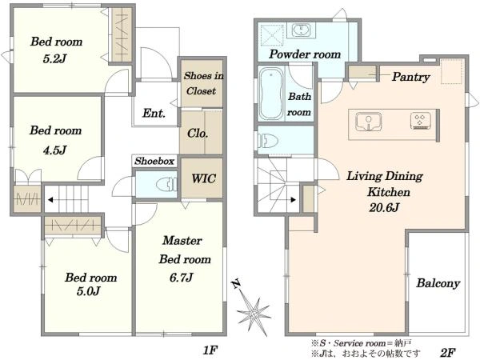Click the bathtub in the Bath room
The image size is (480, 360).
point(271,94)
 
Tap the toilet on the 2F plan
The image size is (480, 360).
point(268,141)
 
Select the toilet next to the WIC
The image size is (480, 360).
point(166,184)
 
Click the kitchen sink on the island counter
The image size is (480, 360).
point(369,122)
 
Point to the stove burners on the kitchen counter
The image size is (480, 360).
point(421,120)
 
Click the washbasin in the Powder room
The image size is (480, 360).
point(302,30)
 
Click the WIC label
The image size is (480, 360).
point(203,178)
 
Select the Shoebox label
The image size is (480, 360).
point(154,161)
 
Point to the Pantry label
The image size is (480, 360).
point(411,77)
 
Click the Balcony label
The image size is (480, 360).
point(438,283)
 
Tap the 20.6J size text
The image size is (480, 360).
point(384,208)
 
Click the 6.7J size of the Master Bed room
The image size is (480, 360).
point(182,278)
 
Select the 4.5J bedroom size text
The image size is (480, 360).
point(55,150)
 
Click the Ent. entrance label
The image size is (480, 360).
point(154,114)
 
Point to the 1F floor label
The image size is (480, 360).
point(210,350)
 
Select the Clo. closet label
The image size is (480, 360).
point(198,134)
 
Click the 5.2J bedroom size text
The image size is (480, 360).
point(54,58)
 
